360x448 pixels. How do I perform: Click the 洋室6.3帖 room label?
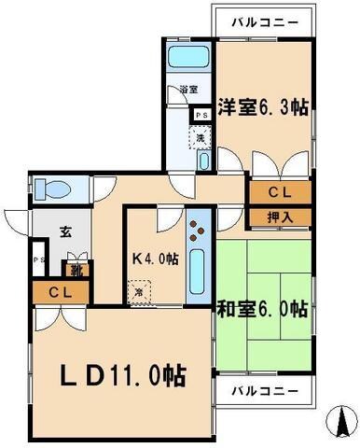click(x=264, y=106)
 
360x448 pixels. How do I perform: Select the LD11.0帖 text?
click(x=124, y=376)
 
